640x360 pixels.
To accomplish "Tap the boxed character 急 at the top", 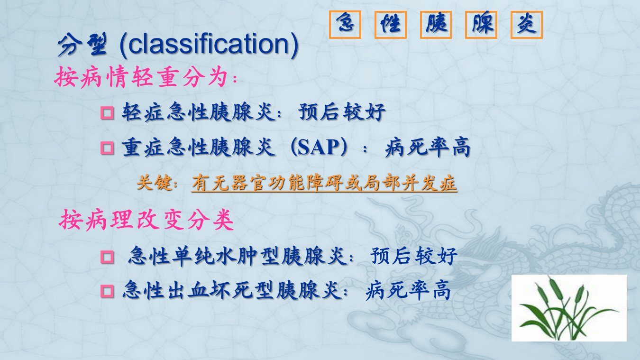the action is (x=345, y=24).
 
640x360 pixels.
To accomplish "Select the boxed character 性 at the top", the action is (x=391, y=24).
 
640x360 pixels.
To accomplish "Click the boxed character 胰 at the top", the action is (x=436, y=24).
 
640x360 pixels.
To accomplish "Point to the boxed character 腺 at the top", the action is (x=481, y=24).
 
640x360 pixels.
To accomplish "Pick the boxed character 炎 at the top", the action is (x=527, y=24).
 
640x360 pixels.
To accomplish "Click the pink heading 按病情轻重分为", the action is (x=141, y=77).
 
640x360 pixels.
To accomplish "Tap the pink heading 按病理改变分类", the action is (x=146, y=220).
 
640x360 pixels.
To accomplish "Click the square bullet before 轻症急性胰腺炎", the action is (x=107, y=113).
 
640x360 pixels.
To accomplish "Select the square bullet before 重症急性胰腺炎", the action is (x=107, y=148).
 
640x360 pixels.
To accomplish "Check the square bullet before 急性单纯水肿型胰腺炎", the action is (x=107, y=257).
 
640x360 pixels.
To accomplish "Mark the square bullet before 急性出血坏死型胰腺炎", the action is (x=107, y=292).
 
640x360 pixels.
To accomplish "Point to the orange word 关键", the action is (x=155, y=182).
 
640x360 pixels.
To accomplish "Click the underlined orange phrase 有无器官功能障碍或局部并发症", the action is (x=324, y=183).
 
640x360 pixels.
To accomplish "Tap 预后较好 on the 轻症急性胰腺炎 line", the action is (x=342, y=112).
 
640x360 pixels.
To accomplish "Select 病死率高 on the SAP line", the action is (x=428, y=147).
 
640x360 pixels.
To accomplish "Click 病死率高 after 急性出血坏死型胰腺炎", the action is (x=408, y=291).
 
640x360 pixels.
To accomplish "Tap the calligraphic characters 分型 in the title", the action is (x=82, y=44).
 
